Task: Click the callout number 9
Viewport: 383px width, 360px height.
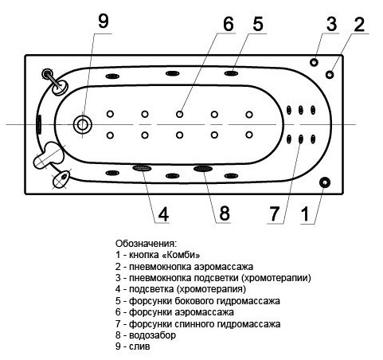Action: tap(102, 22)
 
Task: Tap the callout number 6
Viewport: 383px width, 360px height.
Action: tap(229, 23)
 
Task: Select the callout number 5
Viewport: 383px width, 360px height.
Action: tap(257, 23)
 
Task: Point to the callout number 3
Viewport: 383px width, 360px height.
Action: tap(331, 23)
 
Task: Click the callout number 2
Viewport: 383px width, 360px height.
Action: tap(359, 23)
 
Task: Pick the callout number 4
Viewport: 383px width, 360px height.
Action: tap(162, 213)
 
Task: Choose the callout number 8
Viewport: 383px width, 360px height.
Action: tap(224, 213)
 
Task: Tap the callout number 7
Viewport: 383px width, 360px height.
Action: tap(276, 213)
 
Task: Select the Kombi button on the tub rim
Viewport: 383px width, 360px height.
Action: tap(324, 182)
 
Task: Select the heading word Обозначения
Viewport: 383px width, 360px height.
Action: tap(146, 243)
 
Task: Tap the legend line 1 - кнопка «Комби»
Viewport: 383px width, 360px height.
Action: tap(158, 254)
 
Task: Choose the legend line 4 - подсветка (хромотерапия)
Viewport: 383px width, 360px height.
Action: tap(190, 289)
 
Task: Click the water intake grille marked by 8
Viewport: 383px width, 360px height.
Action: tap(202, 169)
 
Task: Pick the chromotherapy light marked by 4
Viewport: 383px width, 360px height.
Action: tap(142, 168)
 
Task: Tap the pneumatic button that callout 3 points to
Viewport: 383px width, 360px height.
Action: tap(315, 61)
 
